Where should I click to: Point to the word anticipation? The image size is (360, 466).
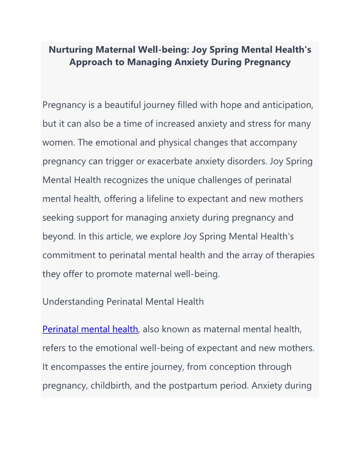[287, 105]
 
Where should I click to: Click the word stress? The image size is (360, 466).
[256, 124]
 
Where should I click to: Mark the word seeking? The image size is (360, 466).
[56, 218]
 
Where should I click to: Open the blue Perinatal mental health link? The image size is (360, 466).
[90, 329]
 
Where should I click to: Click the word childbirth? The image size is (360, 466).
[111, 386]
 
